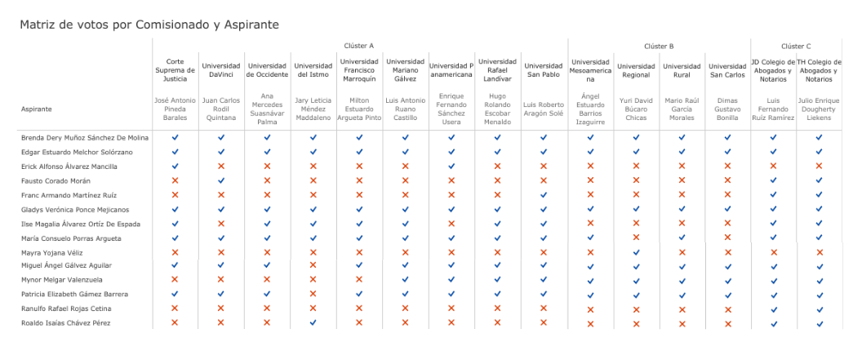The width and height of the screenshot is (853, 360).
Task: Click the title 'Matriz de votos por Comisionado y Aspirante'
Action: tap(149, 24)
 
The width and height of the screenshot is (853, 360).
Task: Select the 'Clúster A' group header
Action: tap(359, 47)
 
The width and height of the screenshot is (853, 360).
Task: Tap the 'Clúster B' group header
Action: tap(659, 47)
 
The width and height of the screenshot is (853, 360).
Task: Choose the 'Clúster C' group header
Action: tap(796, 47)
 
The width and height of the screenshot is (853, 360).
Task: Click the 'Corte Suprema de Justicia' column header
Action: tap(175, 70)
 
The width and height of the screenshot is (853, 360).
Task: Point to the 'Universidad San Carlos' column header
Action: tap(727, 70)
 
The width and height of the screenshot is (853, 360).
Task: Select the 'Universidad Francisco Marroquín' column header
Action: tap(359, 70)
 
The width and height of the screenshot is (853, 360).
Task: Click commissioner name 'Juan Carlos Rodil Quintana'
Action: tap(220, 109)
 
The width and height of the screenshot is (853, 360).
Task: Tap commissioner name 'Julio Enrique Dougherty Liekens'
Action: tap(819, 109)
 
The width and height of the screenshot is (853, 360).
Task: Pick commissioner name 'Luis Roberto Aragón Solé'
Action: tap(543, 109)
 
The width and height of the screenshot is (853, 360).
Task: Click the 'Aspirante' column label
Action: tap(37, 109)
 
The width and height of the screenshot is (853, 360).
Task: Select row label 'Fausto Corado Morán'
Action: tap(56, 180)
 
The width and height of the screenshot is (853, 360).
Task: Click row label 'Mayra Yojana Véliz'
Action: tap(54, 252)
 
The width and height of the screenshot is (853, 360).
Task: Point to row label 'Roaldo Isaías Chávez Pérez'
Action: tap(66, 323)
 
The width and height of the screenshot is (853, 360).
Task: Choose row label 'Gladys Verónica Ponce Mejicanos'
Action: tap(75, 209)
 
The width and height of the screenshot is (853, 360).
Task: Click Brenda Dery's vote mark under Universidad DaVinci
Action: tap(220, 137)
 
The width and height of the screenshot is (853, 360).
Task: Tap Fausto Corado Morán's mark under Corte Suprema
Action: tap(175, 180)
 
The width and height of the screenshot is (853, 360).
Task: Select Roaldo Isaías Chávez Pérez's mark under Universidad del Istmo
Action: tap(313, 323)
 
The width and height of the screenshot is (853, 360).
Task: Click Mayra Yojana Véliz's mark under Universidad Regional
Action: tap(636, 252)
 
